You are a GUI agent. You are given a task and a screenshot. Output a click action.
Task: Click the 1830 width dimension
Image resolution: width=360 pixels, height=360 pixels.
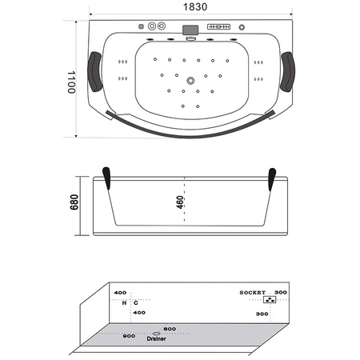click(x=190, y=7)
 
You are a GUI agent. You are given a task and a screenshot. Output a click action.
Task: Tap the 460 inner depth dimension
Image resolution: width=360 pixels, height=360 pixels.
click(x=180, y=205)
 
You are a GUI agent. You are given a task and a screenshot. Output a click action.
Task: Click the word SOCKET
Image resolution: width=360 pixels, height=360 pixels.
click(x=254, y=293)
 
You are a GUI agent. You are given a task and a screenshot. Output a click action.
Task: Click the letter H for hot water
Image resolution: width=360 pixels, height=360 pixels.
click(x=124, y=303)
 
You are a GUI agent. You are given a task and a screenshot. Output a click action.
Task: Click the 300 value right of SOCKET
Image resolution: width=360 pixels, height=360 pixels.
click(x=280, y=293)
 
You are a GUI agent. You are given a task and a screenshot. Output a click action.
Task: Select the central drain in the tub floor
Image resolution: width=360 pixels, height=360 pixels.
click(x=190, y=80)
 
